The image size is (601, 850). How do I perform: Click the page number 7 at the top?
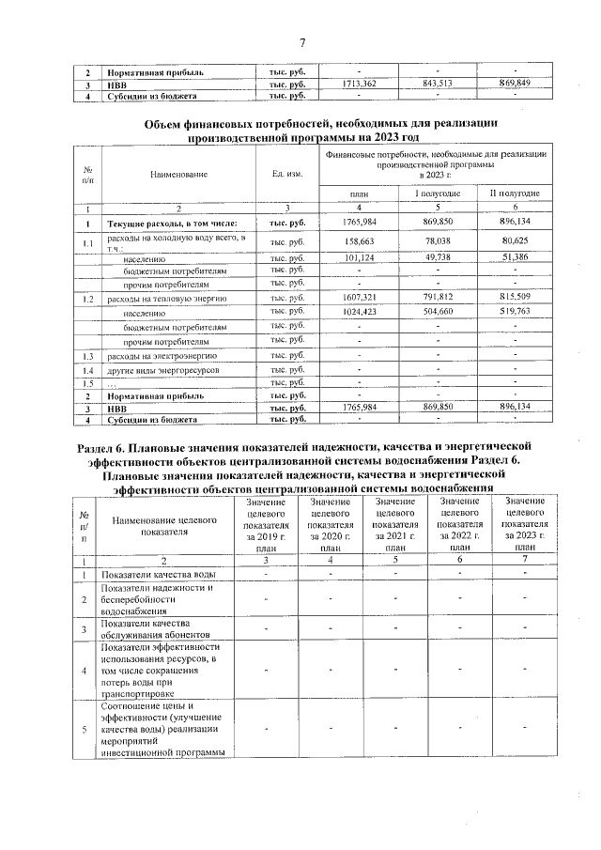pos(302,42)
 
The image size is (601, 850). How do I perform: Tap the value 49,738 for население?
pos(437,256)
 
